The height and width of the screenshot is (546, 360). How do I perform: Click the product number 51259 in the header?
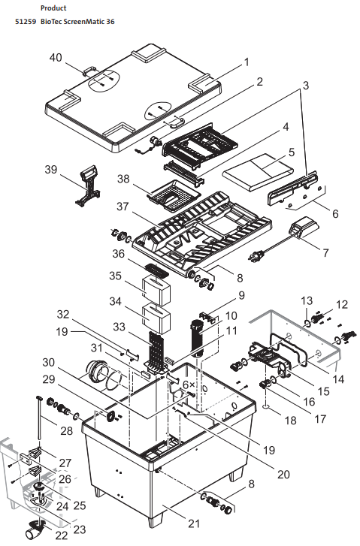click(26, 22)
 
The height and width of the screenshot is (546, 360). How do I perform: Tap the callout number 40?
click(56, 58)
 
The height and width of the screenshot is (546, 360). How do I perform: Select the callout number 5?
click(292, 152)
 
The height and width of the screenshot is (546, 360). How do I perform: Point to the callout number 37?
click(123, 207)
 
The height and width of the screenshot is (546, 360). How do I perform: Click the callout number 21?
click(194, 523)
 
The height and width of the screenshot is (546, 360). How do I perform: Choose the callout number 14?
click(337, 379)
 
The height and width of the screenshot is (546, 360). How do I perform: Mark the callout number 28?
click(67, 431)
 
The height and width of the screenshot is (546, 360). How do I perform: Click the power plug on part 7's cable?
click(253, 258)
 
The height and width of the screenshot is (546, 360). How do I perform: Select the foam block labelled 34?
click(156, 318)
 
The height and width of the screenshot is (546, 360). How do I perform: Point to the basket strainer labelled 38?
click(174, 196)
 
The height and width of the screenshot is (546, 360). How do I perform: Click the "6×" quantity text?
click(189, 385)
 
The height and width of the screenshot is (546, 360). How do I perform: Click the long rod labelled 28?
click(39, 421)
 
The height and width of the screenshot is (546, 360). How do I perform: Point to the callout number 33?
click(119, 327)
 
